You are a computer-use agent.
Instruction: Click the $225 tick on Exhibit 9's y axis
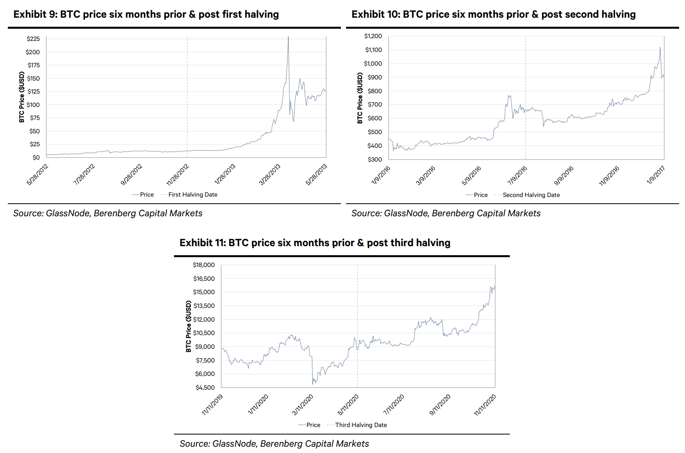click(x=33, y=39)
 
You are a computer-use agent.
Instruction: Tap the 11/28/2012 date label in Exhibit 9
click(x=178, y=175)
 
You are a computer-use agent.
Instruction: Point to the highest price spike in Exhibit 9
click(x=288, y=37)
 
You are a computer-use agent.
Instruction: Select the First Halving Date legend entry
click(x=192, y=195)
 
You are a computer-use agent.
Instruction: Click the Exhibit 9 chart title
click(x=146, y=15)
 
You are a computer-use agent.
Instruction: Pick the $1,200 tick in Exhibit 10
click(x=373, y=36)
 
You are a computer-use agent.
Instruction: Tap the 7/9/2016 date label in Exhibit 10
click(x=517, y=175)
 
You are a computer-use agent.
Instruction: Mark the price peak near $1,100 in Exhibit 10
click(x=660, y=48)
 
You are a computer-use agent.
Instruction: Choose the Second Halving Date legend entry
click(x=531, y=195)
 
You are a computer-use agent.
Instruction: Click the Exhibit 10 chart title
click(x=493, y=15)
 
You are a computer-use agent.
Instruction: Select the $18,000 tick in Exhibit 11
click(x=203, y=265)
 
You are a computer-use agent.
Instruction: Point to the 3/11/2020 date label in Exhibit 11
click(x=302, y=405)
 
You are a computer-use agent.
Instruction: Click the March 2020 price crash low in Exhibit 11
click(x=313, y=384)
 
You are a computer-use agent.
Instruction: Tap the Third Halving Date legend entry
click(x=361, y=425)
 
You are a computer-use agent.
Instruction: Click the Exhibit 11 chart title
click(x=315, y=243)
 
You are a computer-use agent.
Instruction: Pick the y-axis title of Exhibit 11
click(x=189, y=326)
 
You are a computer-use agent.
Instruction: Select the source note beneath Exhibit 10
click(x=446, y=214)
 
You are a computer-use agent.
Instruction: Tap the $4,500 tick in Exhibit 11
click(x=205, y=388)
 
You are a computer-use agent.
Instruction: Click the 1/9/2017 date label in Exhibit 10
click(x=655, y=175)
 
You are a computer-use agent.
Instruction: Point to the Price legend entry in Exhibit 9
click(x=147, y=195)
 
